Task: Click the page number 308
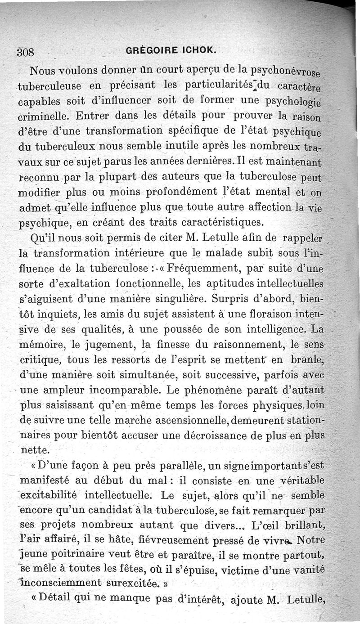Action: pos(26,51)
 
